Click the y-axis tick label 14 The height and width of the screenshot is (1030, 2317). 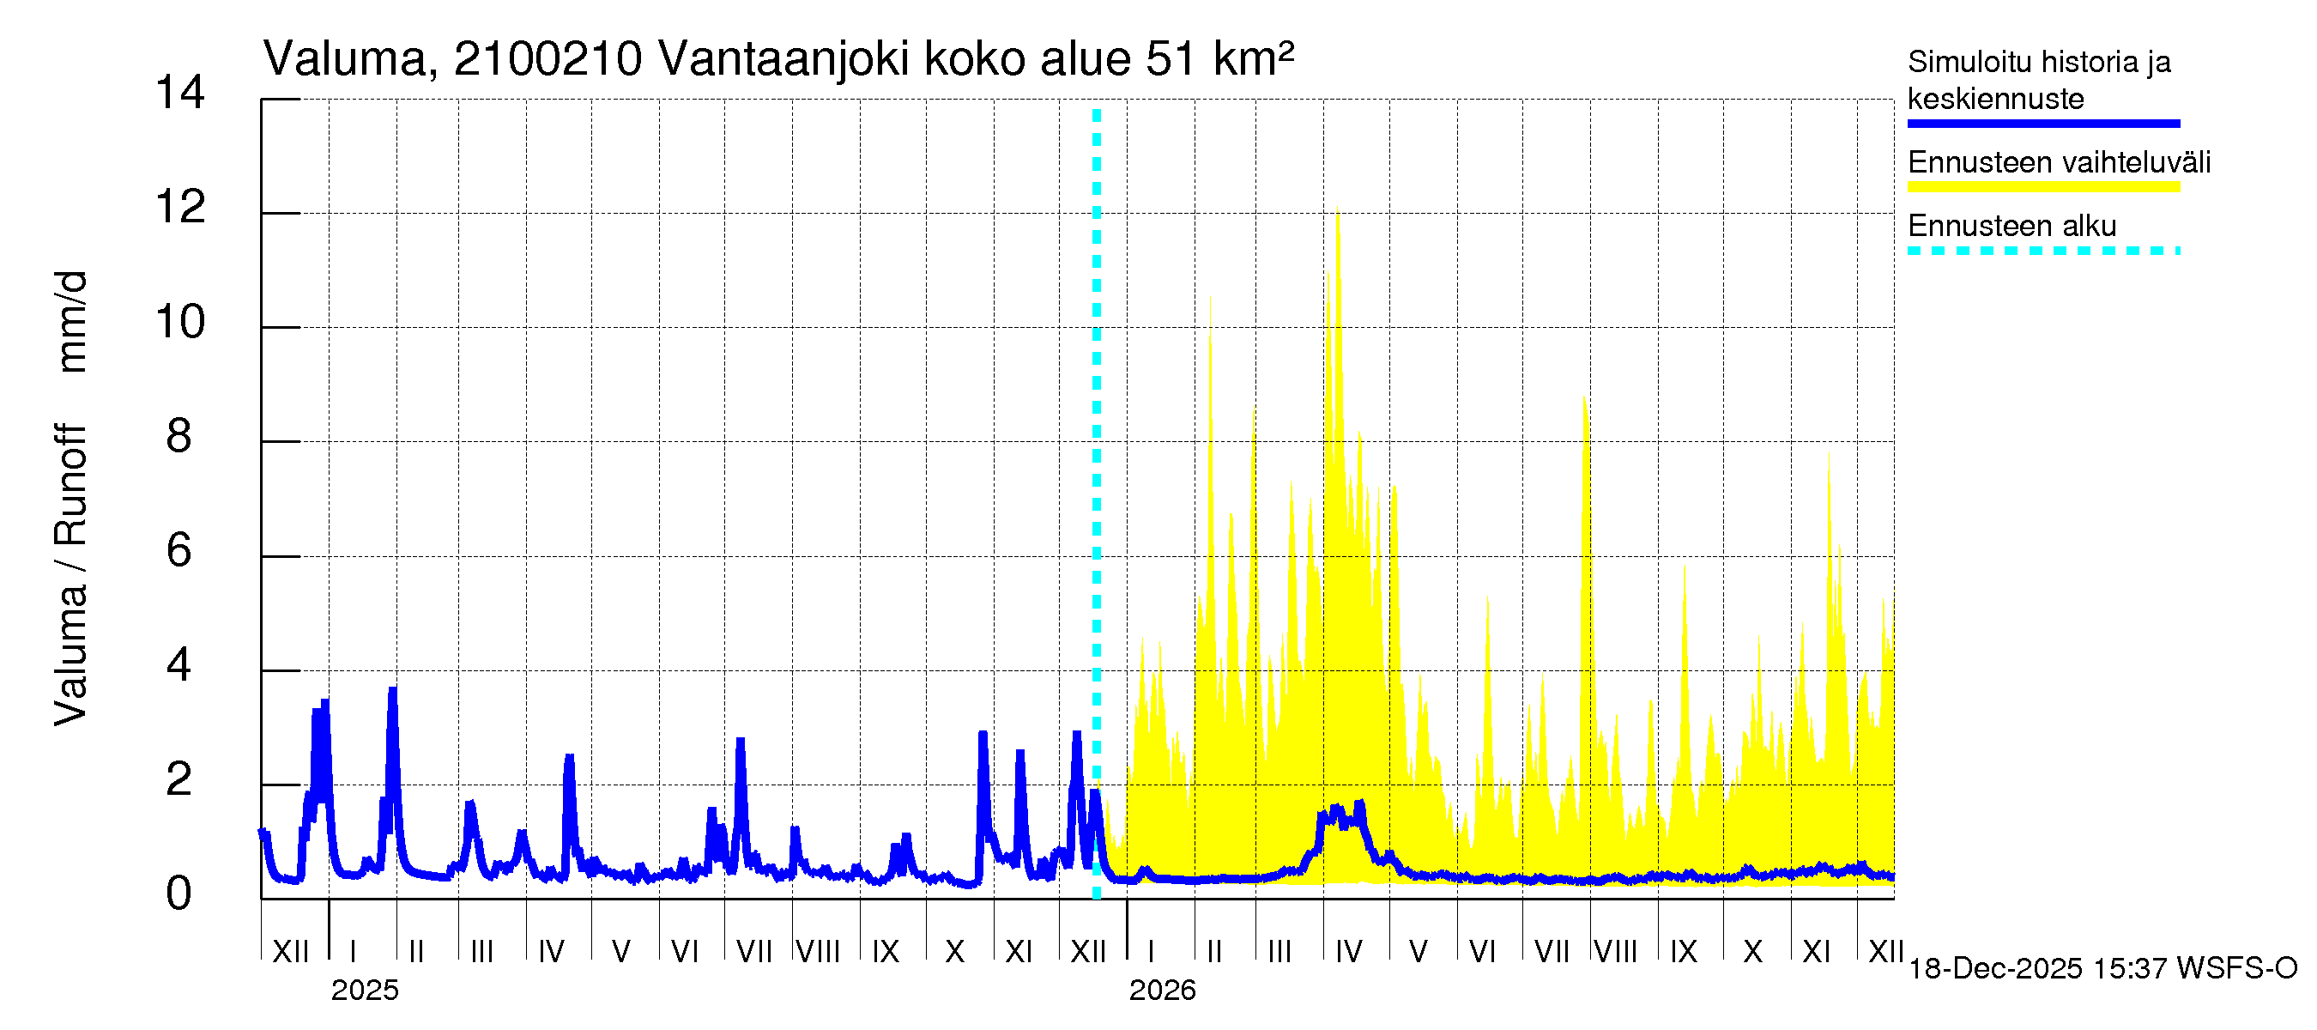point(180,93)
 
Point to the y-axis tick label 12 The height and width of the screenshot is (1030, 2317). point(180,208)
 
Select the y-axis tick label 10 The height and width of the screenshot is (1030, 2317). point(180,322)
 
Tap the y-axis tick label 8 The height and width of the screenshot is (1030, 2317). point(179,436)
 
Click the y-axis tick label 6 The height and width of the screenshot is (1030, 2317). point(179,550)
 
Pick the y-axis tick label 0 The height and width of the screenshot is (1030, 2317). point(179,894)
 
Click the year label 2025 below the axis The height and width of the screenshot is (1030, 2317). point(364,991)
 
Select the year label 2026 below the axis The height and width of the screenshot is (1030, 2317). point(1162,991)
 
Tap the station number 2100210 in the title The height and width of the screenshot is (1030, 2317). point(547,59)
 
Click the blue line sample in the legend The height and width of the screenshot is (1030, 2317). point(2042,124)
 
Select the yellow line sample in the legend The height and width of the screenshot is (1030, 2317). point(2042,187)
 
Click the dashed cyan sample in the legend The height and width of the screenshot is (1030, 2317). point(2042,251)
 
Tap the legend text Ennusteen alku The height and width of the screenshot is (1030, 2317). point(2012,226)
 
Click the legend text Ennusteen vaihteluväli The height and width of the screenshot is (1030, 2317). point(2059,163)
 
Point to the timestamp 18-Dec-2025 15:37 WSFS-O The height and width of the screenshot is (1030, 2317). point(2102,969)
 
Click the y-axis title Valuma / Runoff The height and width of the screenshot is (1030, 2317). point(70,576)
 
